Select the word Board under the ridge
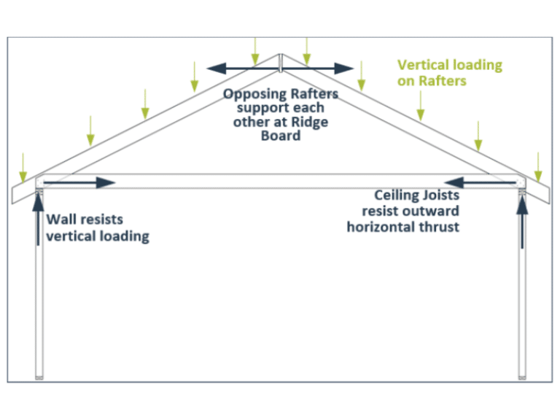[x=281, y=136]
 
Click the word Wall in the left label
[x=61, y=219]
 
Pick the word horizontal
[x=382, y=227]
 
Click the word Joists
[x=442, y=195]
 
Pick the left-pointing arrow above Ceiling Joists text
[x=482, y=182]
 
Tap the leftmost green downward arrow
[x=23, y=166]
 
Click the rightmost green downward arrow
[x=538, y=166]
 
